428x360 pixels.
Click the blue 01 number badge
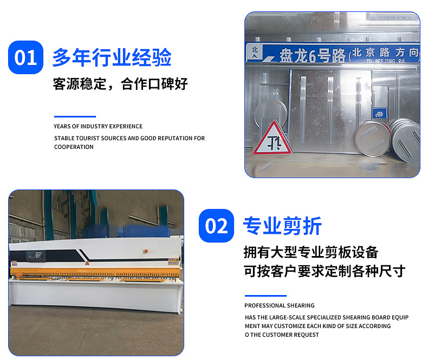(x=25, y=57)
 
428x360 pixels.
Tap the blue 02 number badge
(x=216, y=226)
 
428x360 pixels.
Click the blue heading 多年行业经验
(x=112, y=57)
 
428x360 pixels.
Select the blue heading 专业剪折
(x=282, y=226)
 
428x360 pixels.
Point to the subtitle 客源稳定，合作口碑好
(x=120, y=84)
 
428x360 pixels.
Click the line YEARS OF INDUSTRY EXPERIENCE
(x=98, y=126)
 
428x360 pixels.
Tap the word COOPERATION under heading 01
(x=74, y=147)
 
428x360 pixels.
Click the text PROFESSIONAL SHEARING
(x=279, y=305)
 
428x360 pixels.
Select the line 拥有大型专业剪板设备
(x=311, y=252)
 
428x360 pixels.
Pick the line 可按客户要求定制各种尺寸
(x=325, y=271)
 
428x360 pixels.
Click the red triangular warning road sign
(x=273, y=138)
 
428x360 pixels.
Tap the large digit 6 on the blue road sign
(x=312, y=56)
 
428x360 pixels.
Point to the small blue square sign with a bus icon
(x=380, y=114)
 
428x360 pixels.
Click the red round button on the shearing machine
(x=146, y=251)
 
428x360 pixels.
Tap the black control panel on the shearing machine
(x=35, y=256)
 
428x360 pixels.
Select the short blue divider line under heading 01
(x=75, y=116)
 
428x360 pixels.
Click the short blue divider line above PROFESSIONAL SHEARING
(x=265, y=296)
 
